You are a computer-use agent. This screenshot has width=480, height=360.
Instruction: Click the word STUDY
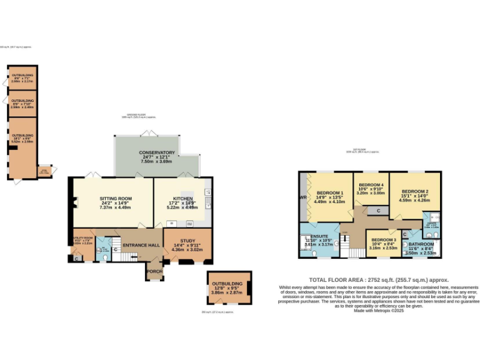pyautogui.click(x=187, y=241)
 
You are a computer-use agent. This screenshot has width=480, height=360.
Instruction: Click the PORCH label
pyautogui.click(x=154, y=271)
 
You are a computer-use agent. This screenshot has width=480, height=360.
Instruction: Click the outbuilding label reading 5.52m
pyautogui.click(x=22, y=139)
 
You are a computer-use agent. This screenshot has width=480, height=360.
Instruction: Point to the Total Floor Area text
pyautogui.click(x=379, y=280)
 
